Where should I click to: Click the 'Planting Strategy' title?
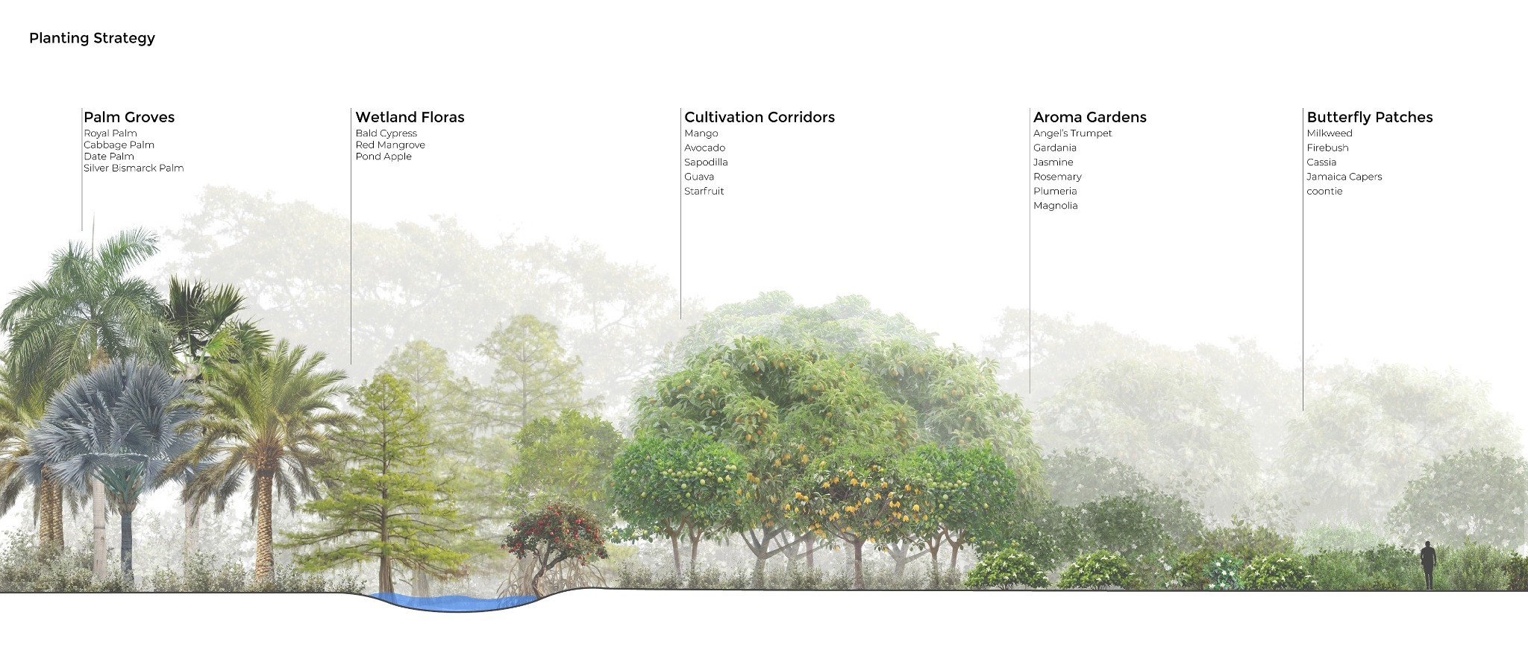click(x=92, y=38)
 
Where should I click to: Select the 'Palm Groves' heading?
click(x=129, y=117)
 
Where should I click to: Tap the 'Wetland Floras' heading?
click(x=410, y=117)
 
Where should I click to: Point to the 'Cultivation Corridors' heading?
click(x=760, y=117)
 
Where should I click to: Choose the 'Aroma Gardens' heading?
click(x=1089, y=117)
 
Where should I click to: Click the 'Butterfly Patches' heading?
click(x=1370, y=117)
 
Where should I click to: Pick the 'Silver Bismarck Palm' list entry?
click(x=134, y=168)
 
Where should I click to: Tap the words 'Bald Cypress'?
click(x=386, y=133)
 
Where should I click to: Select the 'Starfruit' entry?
click(x=704, y=192)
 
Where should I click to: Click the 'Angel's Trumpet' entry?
click(x=1072, y=133)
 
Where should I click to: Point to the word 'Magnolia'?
click(x=1056, y=206)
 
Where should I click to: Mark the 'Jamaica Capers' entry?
click(x=1344, y=177)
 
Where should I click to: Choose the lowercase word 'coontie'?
click(x=1324, y=192)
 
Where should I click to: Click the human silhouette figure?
click(x=1428, y=565)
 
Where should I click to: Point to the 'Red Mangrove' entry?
click(x=390, y=145)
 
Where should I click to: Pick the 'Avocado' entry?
click(x=705, y=148)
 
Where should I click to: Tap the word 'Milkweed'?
click(x=1330, y=133)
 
